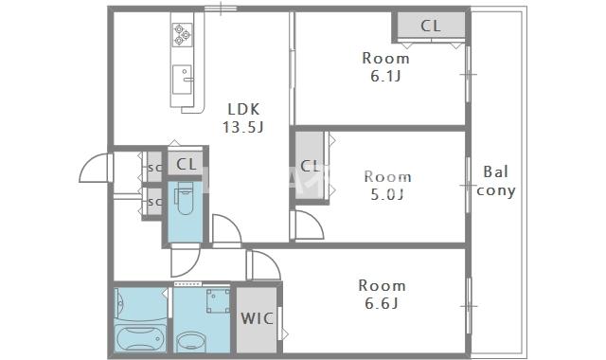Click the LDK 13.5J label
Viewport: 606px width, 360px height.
243,117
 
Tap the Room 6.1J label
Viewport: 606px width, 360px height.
385,67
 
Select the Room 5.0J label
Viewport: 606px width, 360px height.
387,186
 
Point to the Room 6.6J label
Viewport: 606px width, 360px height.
382,295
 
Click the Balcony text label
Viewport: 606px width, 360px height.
496,181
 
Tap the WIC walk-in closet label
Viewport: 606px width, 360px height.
257,318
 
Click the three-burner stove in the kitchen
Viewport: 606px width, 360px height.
183,34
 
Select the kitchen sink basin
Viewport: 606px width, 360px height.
183,80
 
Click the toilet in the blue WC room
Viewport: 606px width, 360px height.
185,198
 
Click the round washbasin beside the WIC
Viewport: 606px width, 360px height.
191,343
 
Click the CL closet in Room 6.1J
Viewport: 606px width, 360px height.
431,26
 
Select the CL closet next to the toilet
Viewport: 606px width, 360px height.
186,164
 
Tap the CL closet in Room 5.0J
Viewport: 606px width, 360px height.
310,167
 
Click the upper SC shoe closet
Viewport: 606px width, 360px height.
154,168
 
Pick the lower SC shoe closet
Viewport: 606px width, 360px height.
154,202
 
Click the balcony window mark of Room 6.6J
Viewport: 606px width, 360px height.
469,306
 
